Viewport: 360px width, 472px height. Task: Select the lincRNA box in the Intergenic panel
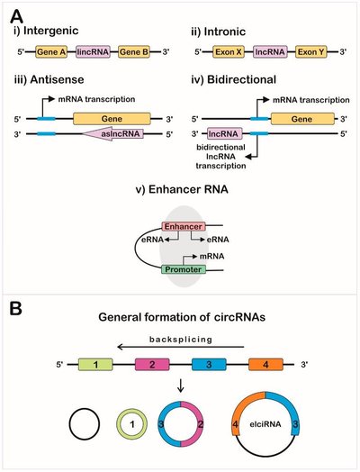coord(95,51)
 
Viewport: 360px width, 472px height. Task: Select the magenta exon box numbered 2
coord(153,365)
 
